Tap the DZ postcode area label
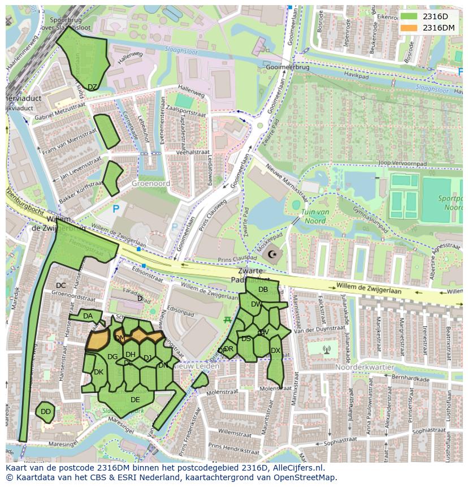[x=92, y=87]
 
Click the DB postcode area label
[x=263, y=290]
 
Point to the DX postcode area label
[x=275, y=351]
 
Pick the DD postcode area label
[x=46, y=412]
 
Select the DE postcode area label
[x=135, y=399]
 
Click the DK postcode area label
[x=98, y=372]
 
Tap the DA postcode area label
[x=88, y=316]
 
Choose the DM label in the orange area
[x=120, y=338]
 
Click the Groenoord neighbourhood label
[x=150, y=184]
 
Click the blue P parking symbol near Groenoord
[x=116, y=209]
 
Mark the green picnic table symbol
[x=227, y=320]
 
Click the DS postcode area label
[x=246, y=339]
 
